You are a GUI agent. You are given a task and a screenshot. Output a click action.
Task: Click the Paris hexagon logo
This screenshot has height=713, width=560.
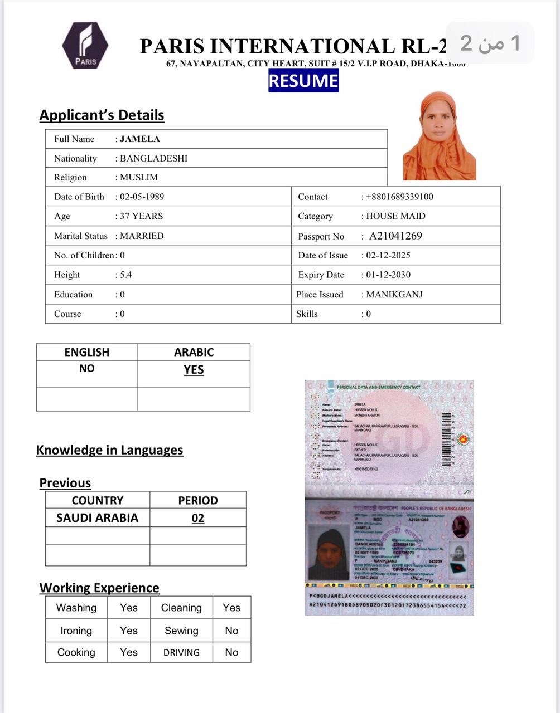(85, 46)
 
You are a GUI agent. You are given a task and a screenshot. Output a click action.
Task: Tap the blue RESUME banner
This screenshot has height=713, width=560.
(303, 81)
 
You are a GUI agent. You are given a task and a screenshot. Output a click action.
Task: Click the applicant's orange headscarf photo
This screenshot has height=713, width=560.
(439, 136)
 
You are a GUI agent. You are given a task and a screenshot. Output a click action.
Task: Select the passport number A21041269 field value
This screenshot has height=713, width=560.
(395, 236)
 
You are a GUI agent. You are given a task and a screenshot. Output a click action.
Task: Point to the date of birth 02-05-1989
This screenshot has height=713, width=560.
(142, 197)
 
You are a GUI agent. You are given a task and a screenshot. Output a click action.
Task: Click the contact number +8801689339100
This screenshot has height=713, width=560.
(399, 197)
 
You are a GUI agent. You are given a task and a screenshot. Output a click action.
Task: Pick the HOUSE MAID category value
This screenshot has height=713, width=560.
(395, 216)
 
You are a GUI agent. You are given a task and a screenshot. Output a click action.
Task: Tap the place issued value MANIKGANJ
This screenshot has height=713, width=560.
(394, 294)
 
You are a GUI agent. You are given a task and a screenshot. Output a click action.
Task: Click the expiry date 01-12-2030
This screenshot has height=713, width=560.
(388, 275)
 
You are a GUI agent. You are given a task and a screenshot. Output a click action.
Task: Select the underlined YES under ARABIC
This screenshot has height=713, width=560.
(194, 370)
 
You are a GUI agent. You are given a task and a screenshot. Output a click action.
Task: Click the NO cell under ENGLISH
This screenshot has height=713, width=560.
(86, 368)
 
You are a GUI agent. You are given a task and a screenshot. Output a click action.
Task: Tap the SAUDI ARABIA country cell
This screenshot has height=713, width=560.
(97, 518)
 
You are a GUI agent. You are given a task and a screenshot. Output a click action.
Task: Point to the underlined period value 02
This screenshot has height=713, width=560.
(198, 519)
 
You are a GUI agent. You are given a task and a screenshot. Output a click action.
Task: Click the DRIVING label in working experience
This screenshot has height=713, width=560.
(181, 652)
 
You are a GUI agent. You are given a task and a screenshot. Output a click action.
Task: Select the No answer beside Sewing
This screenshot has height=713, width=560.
(231, 631)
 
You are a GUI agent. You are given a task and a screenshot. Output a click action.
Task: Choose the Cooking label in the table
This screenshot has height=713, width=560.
(76, 652)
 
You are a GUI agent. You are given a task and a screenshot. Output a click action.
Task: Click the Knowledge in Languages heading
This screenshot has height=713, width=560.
(109, 450)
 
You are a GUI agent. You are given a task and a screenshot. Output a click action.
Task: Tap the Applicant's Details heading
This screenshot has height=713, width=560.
(102, 115)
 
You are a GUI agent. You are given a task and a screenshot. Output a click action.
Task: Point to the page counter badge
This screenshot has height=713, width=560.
(490, 43)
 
